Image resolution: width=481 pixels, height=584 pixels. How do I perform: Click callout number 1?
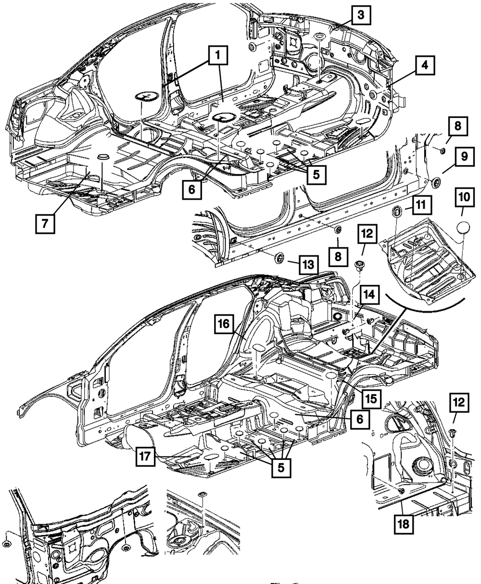tap(217, 57)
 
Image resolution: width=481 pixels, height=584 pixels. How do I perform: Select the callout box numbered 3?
tap(360, 15)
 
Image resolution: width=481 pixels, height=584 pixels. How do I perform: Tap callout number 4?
tap(424, 65)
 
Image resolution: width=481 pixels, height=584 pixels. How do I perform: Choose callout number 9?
tap(464, 156)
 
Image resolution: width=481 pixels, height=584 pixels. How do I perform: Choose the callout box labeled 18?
tap(404, 524)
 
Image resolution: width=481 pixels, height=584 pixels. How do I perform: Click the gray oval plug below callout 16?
tap(258, 348)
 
